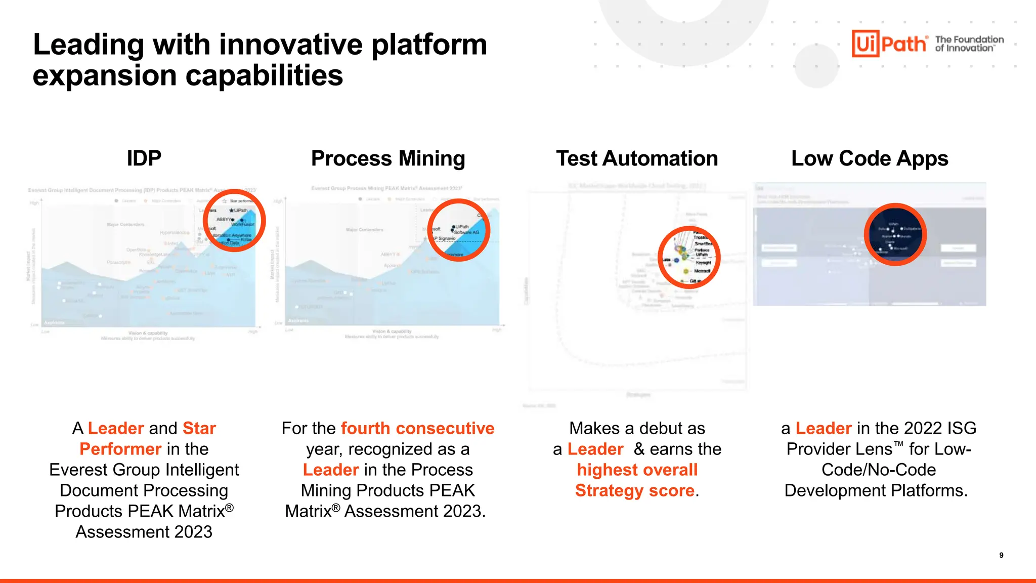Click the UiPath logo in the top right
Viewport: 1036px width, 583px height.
[x=889, y=44]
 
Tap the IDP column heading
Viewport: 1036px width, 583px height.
[x=144, y=158]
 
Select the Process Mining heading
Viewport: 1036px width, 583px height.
[x=388, y=158]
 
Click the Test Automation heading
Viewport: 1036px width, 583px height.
[x=637, y=158]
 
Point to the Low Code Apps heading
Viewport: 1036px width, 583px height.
[x=870, y=158]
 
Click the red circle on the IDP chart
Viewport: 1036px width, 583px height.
[x=234, y=221]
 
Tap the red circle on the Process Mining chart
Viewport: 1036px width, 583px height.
[x=459, y=230]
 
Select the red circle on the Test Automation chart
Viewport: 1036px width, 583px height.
[x=689, y=257]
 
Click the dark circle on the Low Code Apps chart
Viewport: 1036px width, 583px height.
[x=895, y=234]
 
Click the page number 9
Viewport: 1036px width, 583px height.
[x=1001, y=555]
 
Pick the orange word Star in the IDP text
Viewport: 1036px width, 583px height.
[x=199, y=428]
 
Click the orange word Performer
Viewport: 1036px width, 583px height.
[x=120, y=449]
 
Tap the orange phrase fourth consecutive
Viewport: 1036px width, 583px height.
[x=417, y=428]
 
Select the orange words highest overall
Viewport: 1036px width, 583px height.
[x=637, y=470]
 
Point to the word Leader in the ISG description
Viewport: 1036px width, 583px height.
[x=824, y=428]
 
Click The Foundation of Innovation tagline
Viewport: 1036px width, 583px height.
[x=969, y=44]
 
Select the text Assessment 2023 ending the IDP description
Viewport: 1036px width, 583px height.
[x=144, y=532]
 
